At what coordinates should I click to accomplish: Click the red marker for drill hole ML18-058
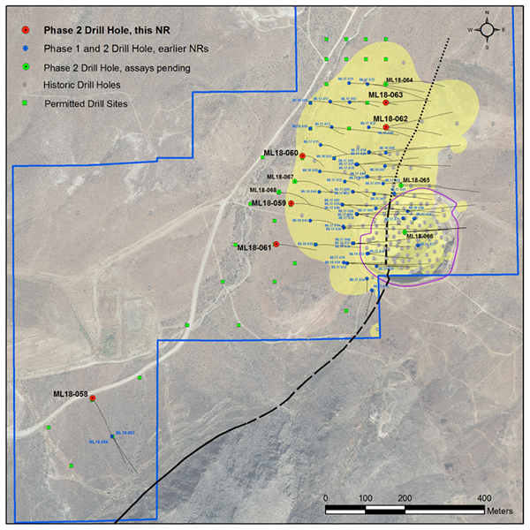[x=93, y=397]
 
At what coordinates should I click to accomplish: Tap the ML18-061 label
[x=254, y=247]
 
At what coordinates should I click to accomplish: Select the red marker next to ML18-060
[x=303, y=155]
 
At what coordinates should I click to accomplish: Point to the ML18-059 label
[x=269, y=203]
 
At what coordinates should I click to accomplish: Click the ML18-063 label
[x=386, y=95]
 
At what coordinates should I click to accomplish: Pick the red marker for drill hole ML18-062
[x=386, y=127]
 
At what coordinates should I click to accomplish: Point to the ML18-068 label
[x=263, y=190]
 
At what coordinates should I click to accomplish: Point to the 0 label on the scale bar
[x=326, y=498]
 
